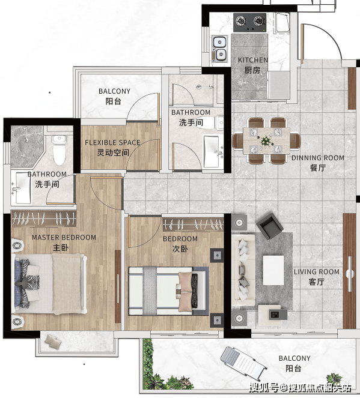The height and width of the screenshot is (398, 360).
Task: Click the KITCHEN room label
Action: click(x=253, y=60)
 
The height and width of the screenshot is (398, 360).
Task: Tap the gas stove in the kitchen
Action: click(x=250, y=23)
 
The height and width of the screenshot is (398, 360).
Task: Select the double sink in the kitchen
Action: click(x=219, y=49)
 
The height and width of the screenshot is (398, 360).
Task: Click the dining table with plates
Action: click(x=266, y=140)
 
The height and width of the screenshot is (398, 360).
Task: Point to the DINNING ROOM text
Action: click(x=317, y=158)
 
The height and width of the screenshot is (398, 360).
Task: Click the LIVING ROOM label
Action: click(x=317, y=272)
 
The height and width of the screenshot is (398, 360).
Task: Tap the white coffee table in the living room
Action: click(x=273, y=270)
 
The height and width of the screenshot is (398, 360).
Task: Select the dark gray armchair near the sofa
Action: click(x=269, y=226)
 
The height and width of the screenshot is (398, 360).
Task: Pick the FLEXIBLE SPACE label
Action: click(x=112, y=143)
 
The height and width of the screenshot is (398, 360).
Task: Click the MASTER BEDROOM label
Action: click(x=64, y=238)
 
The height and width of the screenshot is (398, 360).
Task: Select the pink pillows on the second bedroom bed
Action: click(x=185, y=291)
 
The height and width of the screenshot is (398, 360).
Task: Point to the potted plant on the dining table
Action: click(x=266, y=140)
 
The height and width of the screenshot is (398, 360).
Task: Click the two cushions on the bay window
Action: click(x=53, y=340)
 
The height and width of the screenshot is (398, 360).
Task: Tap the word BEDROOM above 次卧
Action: click(x=180, y=239)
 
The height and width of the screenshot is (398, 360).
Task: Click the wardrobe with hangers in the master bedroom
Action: click(x=44, y=219)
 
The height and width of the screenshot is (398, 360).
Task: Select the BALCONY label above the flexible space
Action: click(x=114, y=91)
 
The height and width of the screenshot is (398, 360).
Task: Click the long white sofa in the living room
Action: click(x=243, y=270)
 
